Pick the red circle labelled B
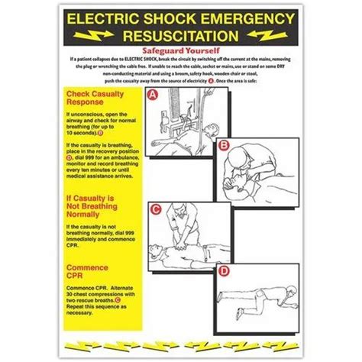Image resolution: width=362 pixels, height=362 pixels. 224,144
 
